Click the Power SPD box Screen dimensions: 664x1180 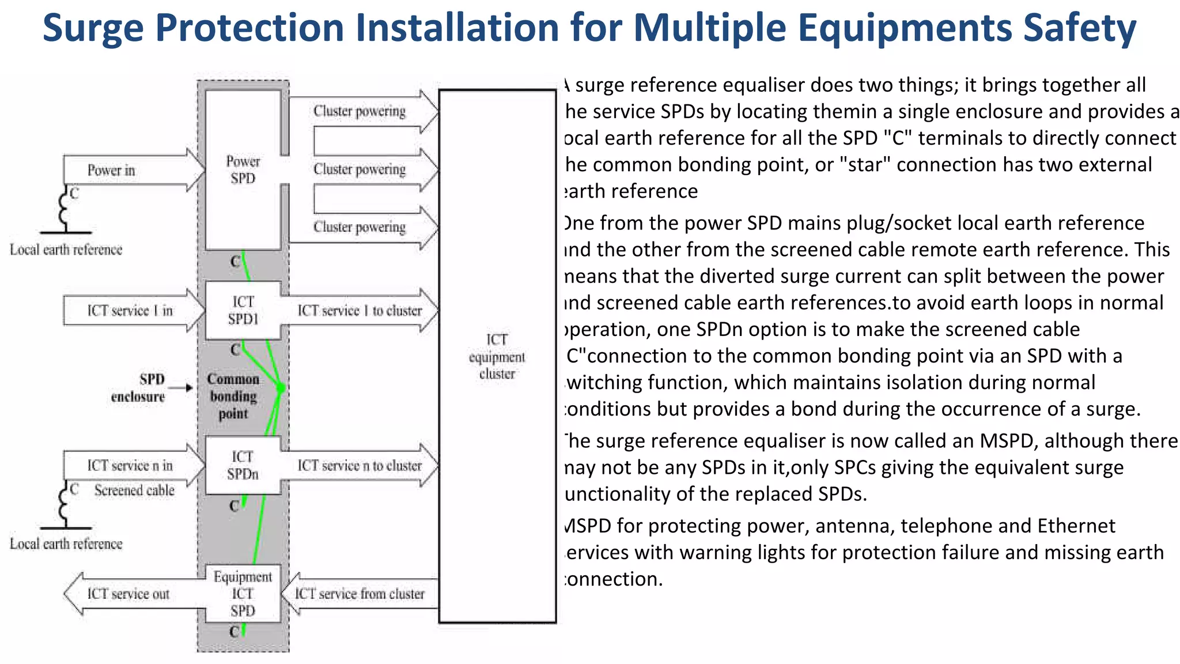click(243, 170)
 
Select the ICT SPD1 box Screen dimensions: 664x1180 click(243, 310)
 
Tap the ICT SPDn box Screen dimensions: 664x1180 click(243, 465)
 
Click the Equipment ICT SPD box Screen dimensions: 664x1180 click(243, 594)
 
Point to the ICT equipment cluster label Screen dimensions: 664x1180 click(497, 357)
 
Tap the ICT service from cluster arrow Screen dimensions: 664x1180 click(360, 594)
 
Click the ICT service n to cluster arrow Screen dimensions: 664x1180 click(360, 465)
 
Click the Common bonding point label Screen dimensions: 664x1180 click(233, 397)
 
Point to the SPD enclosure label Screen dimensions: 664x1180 click(138, 388)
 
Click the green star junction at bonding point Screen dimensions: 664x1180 click(281, 388)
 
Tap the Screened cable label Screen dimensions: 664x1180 click(134, 491)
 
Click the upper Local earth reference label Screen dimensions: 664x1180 click(66, 250)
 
